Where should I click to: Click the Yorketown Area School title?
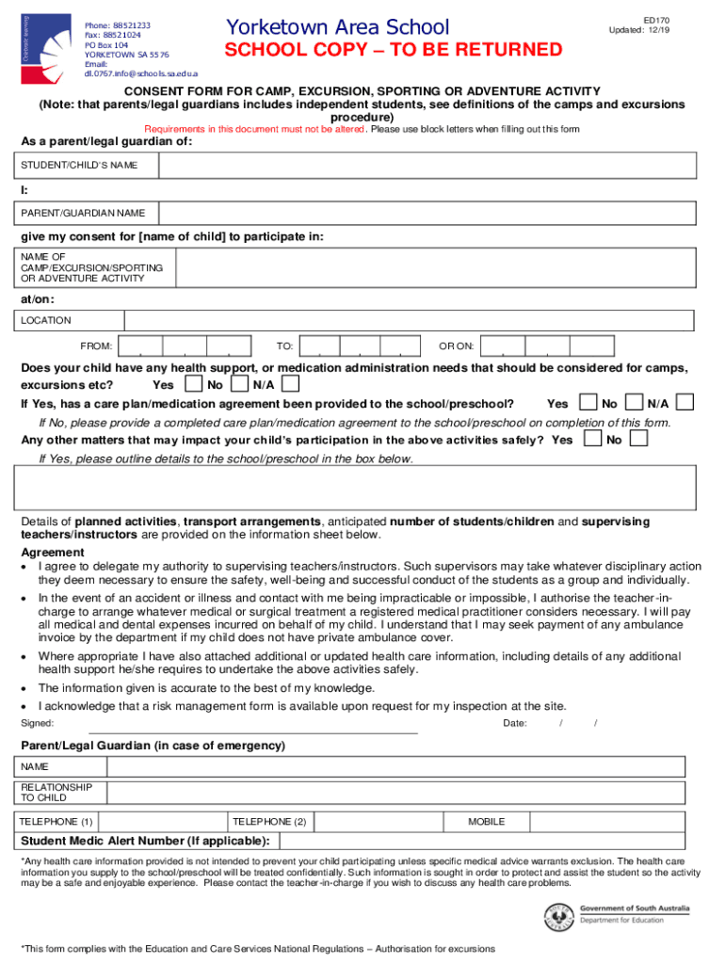point(337,27)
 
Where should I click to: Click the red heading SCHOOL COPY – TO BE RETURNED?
point(393,50)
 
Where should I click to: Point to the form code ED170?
point(655,19)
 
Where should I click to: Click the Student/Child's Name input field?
point(427,165)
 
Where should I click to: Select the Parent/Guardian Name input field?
point(427,213)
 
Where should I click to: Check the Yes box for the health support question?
point(193,384)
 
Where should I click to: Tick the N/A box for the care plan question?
point(685,403)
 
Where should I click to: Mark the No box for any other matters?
point(638,439)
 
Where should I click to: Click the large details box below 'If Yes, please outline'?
point(355,487)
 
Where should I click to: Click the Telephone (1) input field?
point(162,822)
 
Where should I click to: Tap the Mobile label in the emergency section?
point(486,822)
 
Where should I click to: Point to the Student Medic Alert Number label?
point(145,841)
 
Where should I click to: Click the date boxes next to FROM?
point(183,345)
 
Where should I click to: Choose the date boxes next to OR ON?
point(547,345)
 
